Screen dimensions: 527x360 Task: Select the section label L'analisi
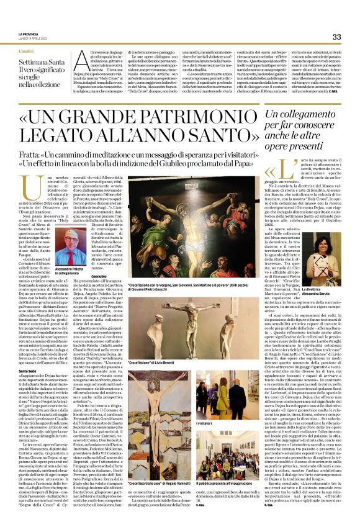pyautogui.click(x=26, y=49)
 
